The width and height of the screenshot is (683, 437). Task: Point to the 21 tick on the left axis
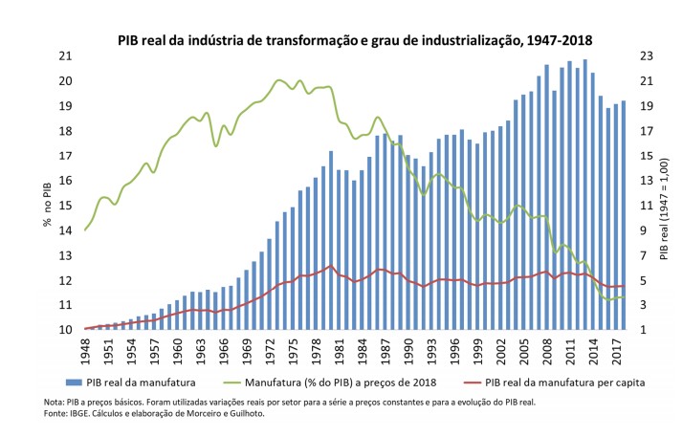coord(66,56)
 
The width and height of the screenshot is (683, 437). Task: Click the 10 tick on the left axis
coord(66,330)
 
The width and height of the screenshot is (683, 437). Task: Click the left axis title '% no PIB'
coord(46,206)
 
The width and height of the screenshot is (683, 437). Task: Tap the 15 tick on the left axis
coord(66,206)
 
